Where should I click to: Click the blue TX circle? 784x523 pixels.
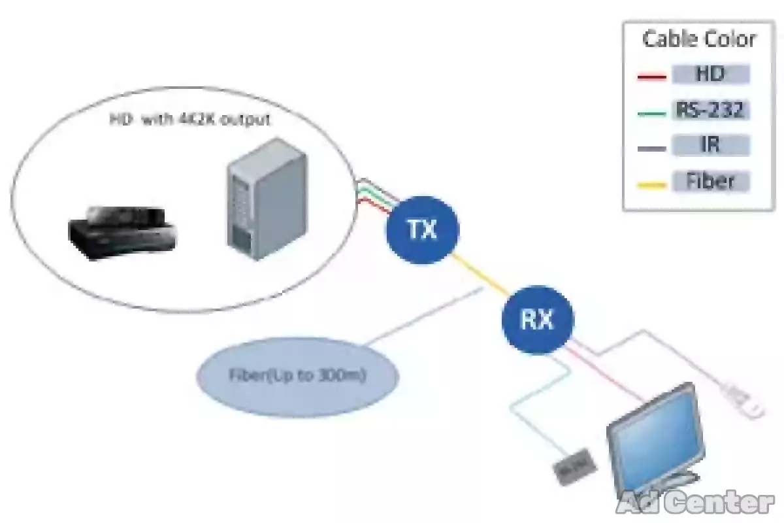pyautogui.click(x=423, y=229)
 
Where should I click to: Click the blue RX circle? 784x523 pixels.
pyautogui.click(x=537, y=320)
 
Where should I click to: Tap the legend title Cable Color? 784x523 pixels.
pyautogui.click(x=699, y=39)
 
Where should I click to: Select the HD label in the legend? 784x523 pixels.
pyautogui.click(x=710, y=74)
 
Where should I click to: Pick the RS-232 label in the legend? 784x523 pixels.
pyautogui.click(x=710, y=109)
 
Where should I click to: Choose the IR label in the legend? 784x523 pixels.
pyautogui.click(x=710, y=144)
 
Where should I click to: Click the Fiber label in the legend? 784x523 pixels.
pyautogui.click(x=710, y=180)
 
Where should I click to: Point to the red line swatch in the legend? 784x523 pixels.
pyautogui.click(x=651, y=77)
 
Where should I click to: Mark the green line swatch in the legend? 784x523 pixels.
pyautogui.click(x=651, y=113)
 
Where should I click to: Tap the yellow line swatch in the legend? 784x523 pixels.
pyautogui.click(x=651, y=185)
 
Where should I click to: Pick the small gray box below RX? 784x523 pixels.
pyautogui.click(x=575, y=467)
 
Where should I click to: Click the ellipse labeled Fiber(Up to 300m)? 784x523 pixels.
pyautogui.click(x=297, y=377)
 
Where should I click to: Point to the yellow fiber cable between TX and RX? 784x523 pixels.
pyautogui.click(x=480, y=275)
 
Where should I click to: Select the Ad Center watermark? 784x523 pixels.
pyautogui.click(x=695, y=503)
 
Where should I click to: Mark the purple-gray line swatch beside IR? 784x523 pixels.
pyautogui.click(x=651, y=149)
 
